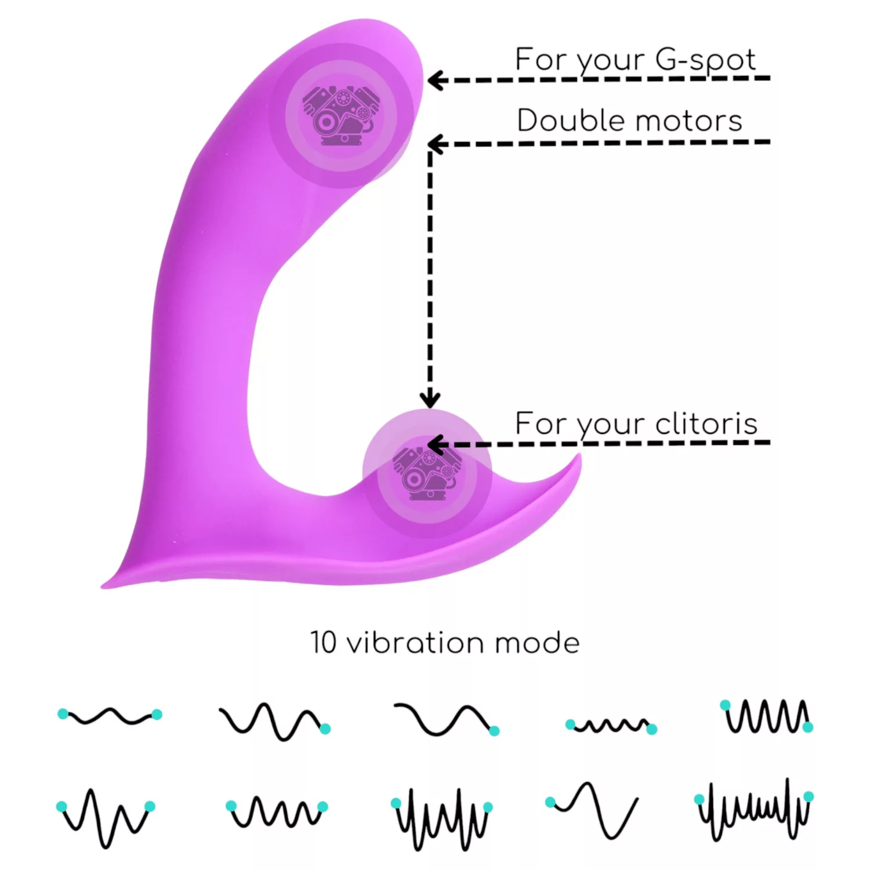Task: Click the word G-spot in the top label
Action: tap(706, 61)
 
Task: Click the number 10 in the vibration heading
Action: tap(323, 643)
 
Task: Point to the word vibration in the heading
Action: tap(414, 643)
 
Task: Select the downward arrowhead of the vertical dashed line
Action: tap(430, 398)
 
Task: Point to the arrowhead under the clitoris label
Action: tap(436, 445)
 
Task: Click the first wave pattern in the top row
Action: tap(110, 716)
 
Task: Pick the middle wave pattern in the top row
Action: tap(447, 719)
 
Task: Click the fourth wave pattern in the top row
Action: tap(611, 725)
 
